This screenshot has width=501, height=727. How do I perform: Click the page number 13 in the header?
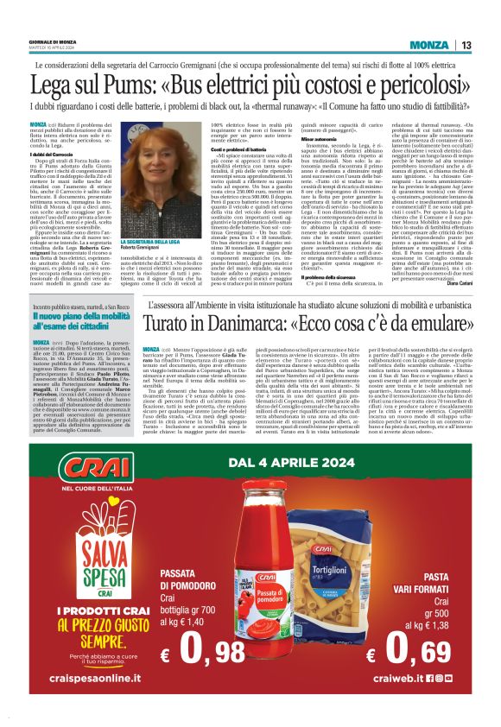(x=466, y=45)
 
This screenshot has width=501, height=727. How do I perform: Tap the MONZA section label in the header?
(x=428, y=45)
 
